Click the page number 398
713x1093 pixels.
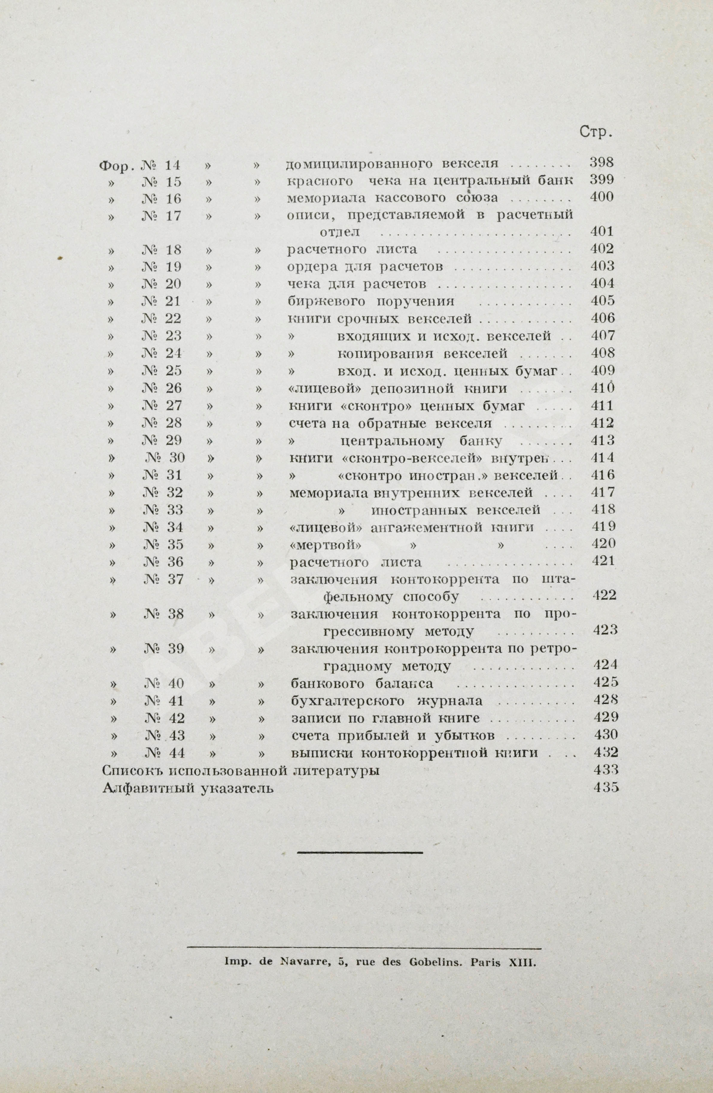click(601, 162)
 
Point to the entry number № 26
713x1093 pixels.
click(162, 388)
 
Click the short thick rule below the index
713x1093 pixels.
click(360, 853)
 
